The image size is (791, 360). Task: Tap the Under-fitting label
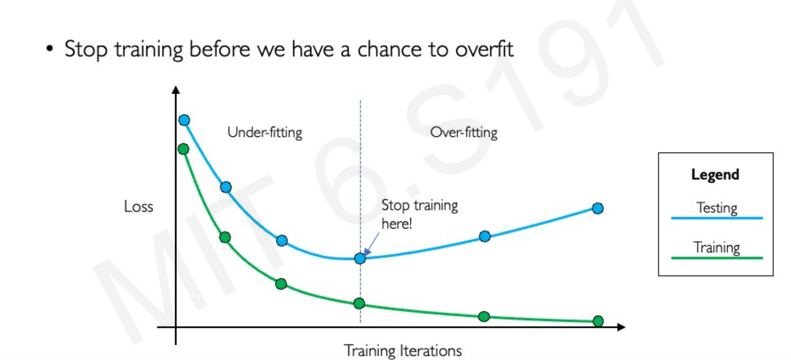click(265, 132)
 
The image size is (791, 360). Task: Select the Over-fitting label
click(464, 132)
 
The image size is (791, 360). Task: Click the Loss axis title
click(139, 206)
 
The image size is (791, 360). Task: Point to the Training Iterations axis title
click(403, 350)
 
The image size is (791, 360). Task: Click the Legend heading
click(715, 175)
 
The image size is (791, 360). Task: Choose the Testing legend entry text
click(717, 208)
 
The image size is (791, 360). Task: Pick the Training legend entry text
click(716, 247)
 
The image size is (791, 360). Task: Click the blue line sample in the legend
click(717, 218)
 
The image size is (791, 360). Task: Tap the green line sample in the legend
click(717, 258)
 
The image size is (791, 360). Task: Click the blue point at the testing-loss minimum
click(360, 258)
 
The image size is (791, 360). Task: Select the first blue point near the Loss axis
click(184, 120)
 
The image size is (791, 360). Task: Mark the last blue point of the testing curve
click(598, 208)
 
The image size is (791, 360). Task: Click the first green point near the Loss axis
click(183, 149)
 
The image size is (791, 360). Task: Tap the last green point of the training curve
click(598, 321)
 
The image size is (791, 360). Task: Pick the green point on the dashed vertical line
click(359, 303)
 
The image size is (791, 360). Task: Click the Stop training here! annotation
click(420, 214)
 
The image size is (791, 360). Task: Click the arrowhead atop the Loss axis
click(176, 90)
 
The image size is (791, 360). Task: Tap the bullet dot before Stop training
click(50, 49)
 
